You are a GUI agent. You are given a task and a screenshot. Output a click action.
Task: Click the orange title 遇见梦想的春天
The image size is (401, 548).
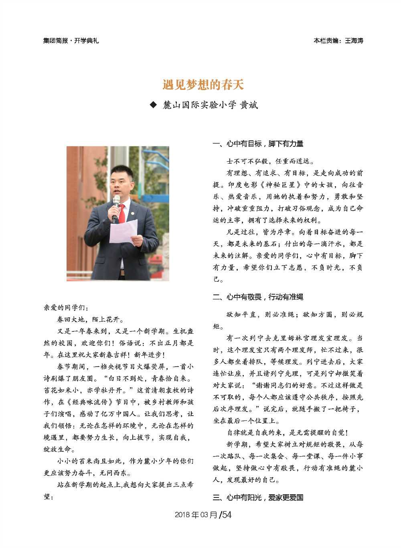[x=203, y=85]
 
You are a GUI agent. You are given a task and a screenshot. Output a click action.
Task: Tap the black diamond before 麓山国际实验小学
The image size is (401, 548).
[x=153, y=105]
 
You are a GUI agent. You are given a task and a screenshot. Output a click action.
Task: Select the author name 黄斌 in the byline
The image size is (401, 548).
[x=249, y=105]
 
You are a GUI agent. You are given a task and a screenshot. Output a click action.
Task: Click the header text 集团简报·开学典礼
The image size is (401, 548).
[x=71, y=41]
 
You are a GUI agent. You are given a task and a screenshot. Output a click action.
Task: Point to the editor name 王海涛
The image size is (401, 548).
[x=354, y=41]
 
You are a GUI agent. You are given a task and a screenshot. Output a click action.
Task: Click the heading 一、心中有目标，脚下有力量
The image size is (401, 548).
[x=258, y=144]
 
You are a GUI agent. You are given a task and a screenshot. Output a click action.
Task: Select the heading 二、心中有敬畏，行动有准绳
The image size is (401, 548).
[x=258, y=297]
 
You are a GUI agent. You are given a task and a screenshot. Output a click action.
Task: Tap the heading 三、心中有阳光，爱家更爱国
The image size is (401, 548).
[x=258, y=497]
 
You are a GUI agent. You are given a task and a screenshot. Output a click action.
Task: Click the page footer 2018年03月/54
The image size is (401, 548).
[x=203, y=515]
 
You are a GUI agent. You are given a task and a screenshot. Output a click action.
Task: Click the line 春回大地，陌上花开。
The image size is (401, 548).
[x=91, y=320]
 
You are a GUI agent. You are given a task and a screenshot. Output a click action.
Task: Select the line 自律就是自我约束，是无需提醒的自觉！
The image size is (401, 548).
[x=288, y=432]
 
